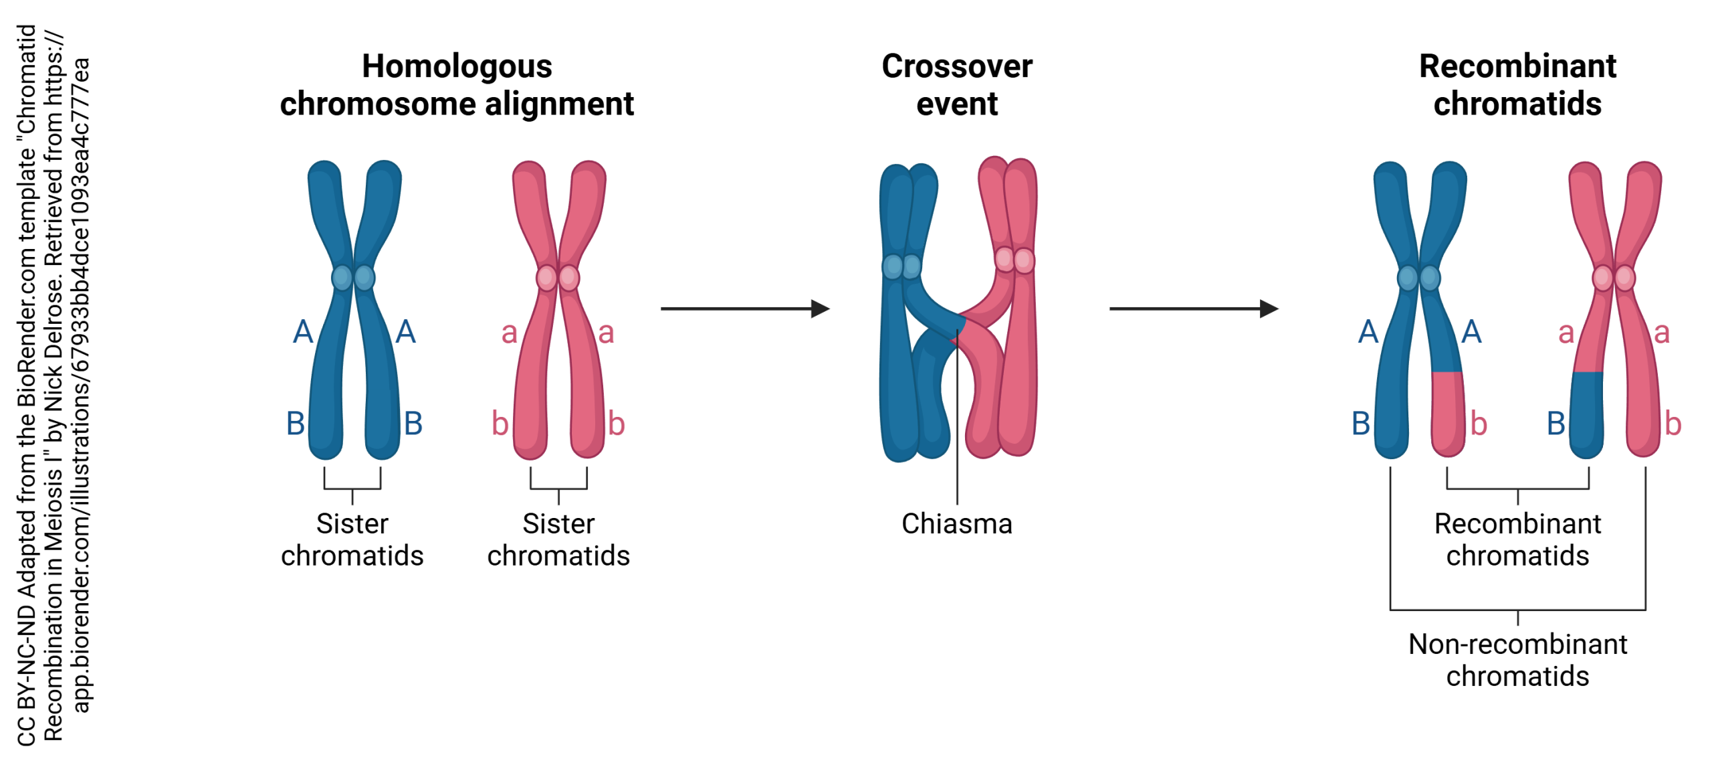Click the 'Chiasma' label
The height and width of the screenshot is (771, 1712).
click(x=956, y=523)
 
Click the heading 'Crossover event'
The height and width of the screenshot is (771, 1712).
click(x=956, y=85)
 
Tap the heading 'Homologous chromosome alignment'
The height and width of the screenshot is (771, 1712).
click(x=457, y=85)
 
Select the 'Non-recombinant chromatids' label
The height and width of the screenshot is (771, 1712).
click(x=1517, y=659)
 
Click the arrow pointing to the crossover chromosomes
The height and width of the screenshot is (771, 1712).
click(x=744, y=309)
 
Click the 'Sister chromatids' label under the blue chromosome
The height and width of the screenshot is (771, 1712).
click(x=352, y=539)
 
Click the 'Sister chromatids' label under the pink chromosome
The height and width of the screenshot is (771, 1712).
click(x=558, y=539)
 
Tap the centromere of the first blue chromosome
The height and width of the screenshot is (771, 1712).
click(x=353, y=277)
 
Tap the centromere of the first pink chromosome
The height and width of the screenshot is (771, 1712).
click(x=558, y=277)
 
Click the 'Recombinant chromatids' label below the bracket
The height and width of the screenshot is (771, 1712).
click(x=1517, y=539)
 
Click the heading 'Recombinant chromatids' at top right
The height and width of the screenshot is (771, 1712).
click(x=1517, y=85)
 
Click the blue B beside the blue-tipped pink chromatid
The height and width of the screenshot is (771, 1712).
click(x=1556, y=423)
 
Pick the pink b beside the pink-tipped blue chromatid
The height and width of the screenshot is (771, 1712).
click(x=1479, y=424)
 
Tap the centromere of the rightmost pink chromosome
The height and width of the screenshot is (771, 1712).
click(x=1613, y=277)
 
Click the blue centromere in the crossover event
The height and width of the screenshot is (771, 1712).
click(x=901, y=266)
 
